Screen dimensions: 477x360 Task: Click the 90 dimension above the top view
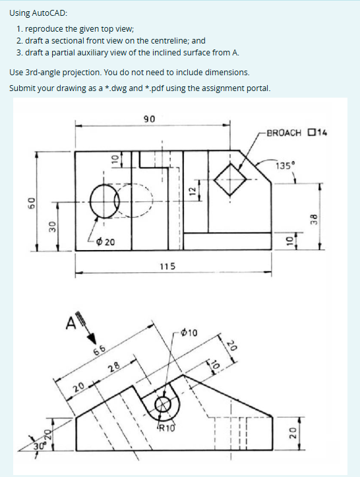click(x=149, y=119)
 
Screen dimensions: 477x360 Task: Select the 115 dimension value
click(x=167, y=266)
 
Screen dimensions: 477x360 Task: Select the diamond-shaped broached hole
click(x=230, y=179)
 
